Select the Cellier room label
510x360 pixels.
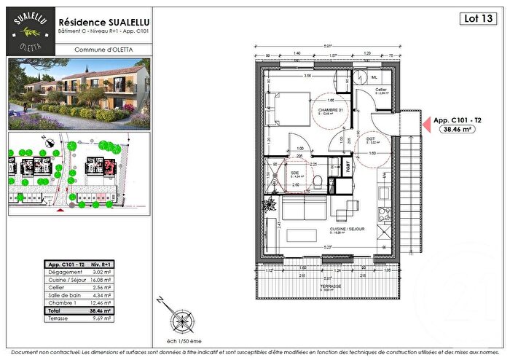pos(381,90)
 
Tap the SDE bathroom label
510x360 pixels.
pos(295,173)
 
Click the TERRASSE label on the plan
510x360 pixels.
pos(331,286)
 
